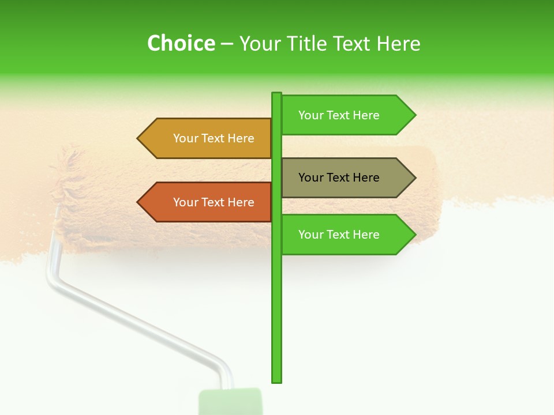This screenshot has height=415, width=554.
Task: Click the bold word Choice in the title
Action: [x=181, y=43]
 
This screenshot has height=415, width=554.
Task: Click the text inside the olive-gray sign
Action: [x=339, y=178]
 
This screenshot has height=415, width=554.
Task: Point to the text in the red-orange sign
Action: [x=214, y=202]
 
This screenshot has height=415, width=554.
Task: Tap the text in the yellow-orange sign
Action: [x=214, y=138]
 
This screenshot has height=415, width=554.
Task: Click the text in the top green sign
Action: [x=339, y=115]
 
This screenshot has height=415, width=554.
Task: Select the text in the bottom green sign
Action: [x=339, y=235]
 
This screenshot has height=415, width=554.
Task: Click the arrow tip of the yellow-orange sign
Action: [x=139, y=138]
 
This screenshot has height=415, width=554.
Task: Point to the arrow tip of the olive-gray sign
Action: [x=414, y=178]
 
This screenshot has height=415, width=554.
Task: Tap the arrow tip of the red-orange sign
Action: [x=139, y=202]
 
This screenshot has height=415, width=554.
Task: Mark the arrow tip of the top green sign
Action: [x=414, y=115]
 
